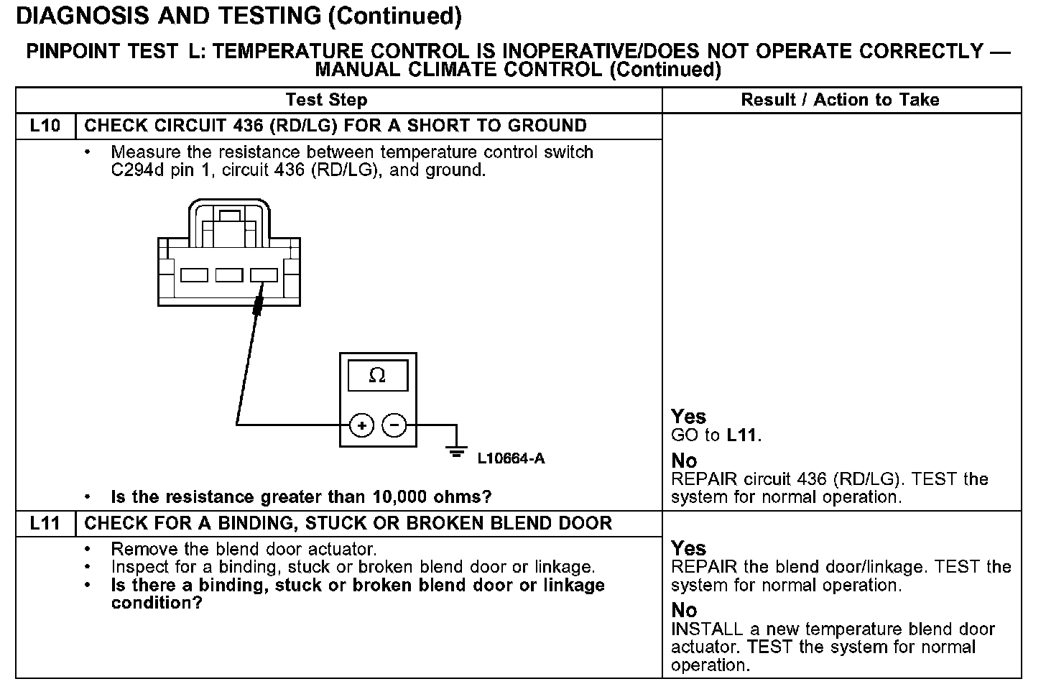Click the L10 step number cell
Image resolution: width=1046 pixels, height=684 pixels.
45,126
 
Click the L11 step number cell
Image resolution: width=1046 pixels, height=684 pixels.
45,523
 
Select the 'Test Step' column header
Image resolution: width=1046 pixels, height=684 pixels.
326,100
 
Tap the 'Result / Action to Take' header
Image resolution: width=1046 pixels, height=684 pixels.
840,100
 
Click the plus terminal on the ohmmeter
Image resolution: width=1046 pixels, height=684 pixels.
361,425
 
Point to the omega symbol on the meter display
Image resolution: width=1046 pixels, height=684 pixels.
376,375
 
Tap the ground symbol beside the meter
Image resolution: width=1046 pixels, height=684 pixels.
455,450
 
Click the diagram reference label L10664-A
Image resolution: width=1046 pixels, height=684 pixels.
511,458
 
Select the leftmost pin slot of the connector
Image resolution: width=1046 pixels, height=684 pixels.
194,274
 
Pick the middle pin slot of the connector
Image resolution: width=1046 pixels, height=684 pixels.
229,274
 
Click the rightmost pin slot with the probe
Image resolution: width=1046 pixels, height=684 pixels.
264,274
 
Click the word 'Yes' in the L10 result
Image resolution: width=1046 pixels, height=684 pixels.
688,417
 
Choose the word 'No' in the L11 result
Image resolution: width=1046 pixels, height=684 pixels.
684,610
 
